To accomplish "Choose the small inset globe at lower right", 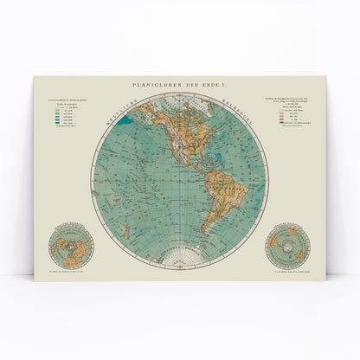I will click(288, 243).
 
